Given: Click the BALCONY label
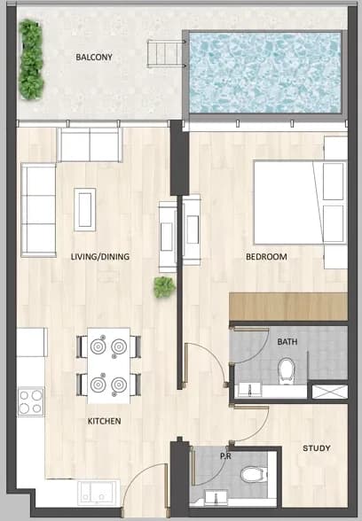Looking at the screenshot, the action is coord(94,57).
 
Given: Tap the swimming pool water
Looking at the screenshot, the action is coord(264,72).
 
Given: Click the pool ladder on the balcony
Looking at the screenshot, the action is coord(167,53).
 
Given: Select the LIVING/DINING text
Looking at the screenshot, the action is coord(99,257).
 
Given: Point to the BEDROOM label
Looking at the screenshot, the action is coord(266,257).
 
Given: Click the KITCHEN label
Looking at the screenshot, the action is coord(104,421).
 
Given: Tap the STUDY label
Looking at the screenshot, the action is coord(317,448).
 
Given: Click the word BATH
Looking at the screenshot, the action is coord(287,342).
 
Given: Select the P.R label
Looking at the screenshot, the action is coord(225,456).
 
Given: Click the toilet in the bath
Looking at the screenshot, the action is coord(287,370).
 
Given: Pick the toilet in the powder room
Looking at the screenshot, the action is coord(254,475).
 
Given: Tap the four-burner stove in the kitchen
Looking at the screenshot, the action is coord(30,401).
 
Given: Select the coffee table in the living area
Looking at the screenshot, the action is coord(85,209).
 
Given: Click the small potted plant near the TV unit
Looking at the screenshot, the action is coord(164,287).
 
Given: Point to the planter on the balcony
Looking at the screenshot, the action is coord(31,59).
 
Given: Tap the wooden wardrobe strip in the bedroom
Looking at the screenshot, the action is coord(288,307).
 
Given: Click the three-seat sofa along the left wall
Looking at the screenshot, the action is coord(39,210).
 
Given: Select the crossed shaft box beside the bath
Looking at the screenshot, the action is coord(330,392).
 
